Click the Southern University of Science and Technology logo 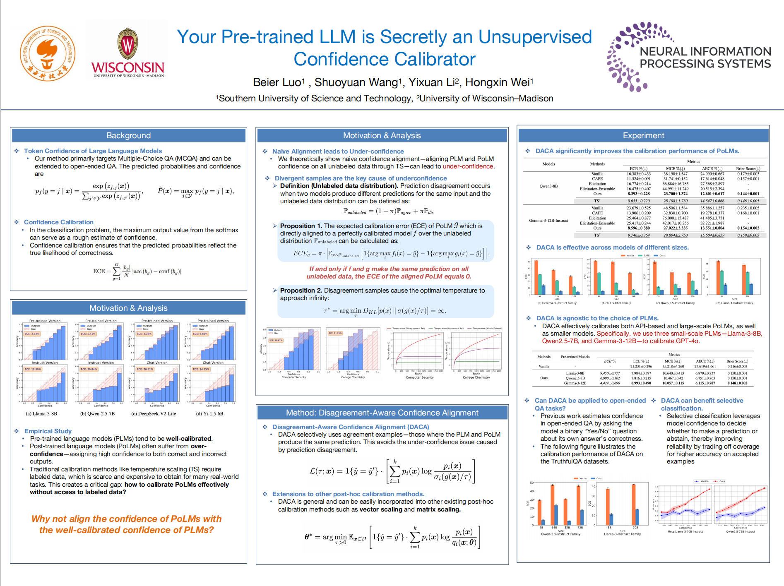pyautogui.click(x=48, y=53)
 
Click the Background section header pyautogui.click(x=128, y=136)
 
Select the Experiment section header pyautogui.click(x=643, y=136)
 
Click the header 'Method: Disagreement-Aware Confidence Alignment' pyautogui.click(x=382, y=413)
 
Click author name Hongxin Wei pyautogui.click(x=498, y=82)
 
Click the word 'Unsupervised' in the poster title pyautogui.click(x=535, y=37)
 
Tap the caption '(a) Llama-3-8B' pyautogui.click(x=41, y=413)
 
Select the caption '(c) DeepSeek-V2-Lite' pyautogui.click(x=154, y=413)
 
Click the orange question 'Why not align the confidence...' pyautogui.click(x=126, y=524)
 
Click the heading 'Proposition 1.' pyautogui.click(x=301, y=226)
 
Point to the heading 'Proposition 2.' pyautogui.click(x=301, y=291)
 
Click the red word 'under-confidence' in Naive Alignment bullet pyautogui.click(x=468, y=166)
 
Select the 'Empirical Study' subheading pyautogui.click(x=48, y=431)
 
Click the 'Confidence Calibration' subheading pyautogui.click(x=59, y=222)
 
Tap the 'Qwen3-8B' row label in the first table pyautogui.click(x=548, y=186)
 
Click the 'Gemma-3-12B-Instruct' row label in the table pyautogui.click(x=548, y=221)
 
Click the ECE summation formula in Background pyautogui.click(x=137, y=271)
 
